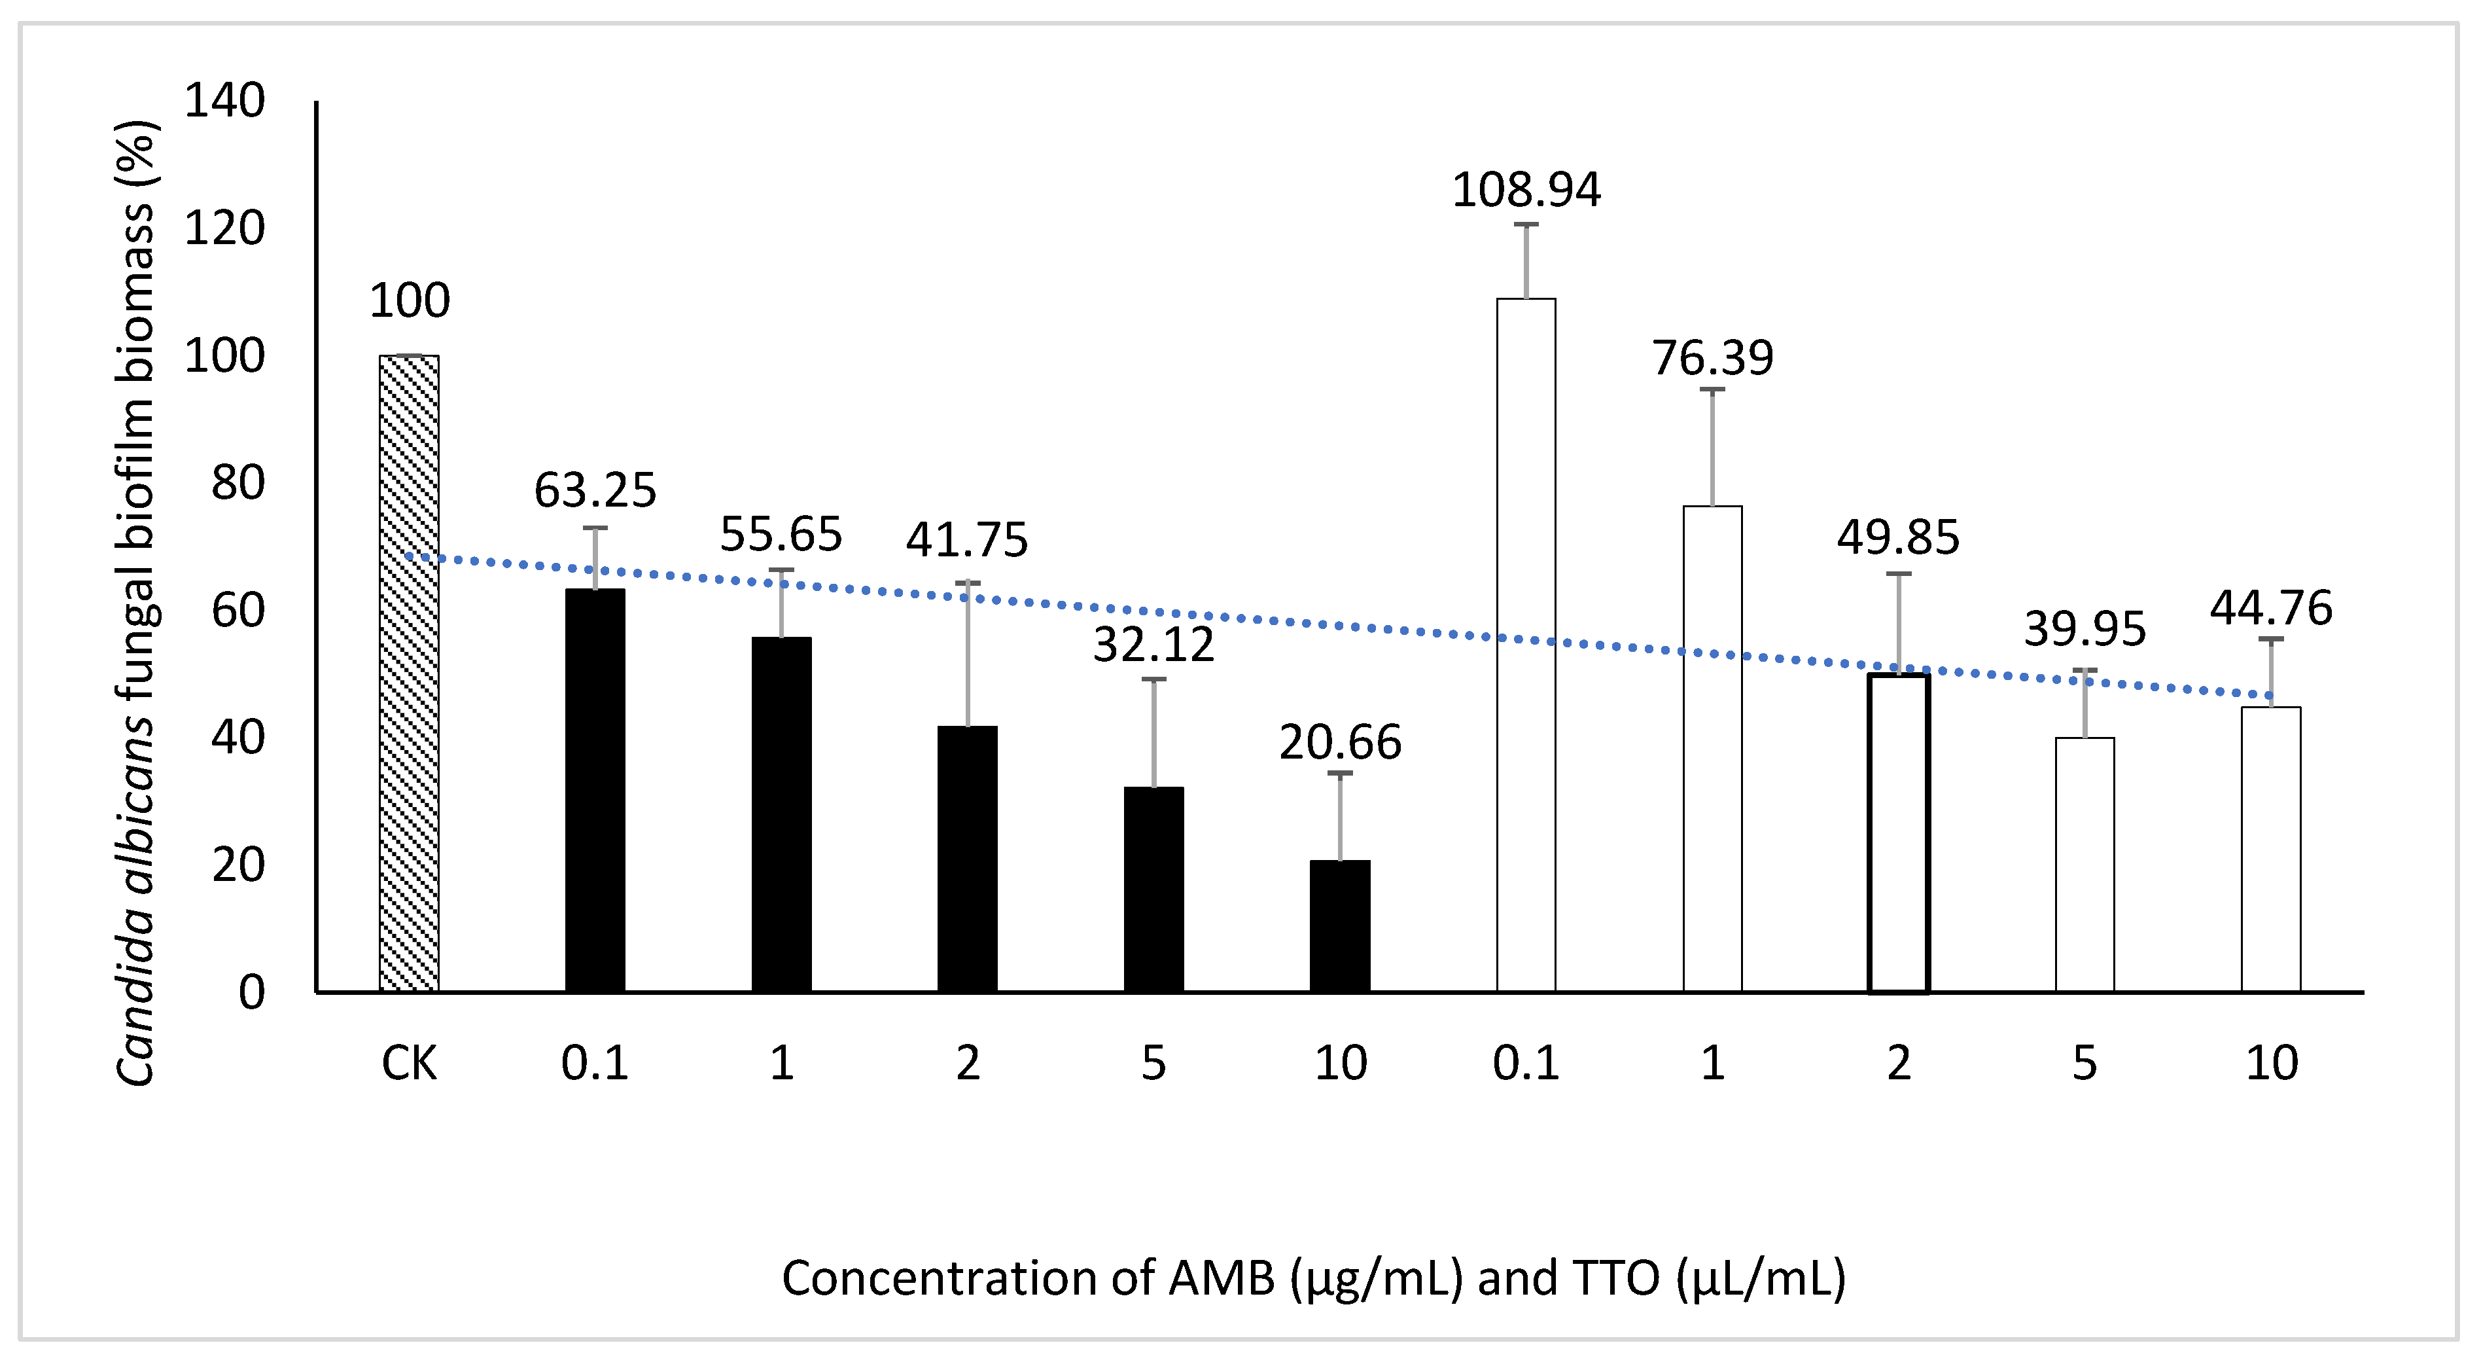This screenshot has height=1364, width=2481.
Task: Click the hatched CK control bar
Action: (410, 674)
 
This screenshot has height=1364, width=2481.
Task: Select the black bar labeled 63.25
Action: (595, 790)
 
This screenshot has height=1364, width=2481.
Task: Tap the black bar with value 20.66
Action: (1340, 925)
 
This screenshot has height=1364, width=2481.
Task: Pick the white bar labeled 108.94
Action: (1526, 645)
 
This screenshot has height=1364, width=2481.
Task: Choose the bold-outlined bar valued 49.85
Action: (1898, 833)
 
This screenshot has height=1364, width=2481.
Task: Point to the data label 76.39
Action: (1712, 358)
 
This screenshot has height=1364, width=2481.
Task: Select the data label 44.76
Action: (2271, 609)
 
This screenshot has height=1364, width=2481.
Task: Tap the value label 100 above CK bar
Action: (410, 302)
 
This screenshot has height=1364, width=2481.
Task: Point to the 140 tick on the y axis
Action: (224, 101)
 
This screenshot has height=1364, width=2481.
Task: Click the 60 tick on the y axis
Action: (238, 611)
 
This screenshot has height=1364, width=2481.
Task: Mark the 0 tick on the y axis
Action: (251, 992)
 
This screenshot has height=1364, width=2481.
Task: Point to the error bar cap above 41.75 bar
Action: (968, 582)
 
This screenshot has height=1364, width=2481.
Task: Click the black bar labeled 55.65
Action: (781, 814)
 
